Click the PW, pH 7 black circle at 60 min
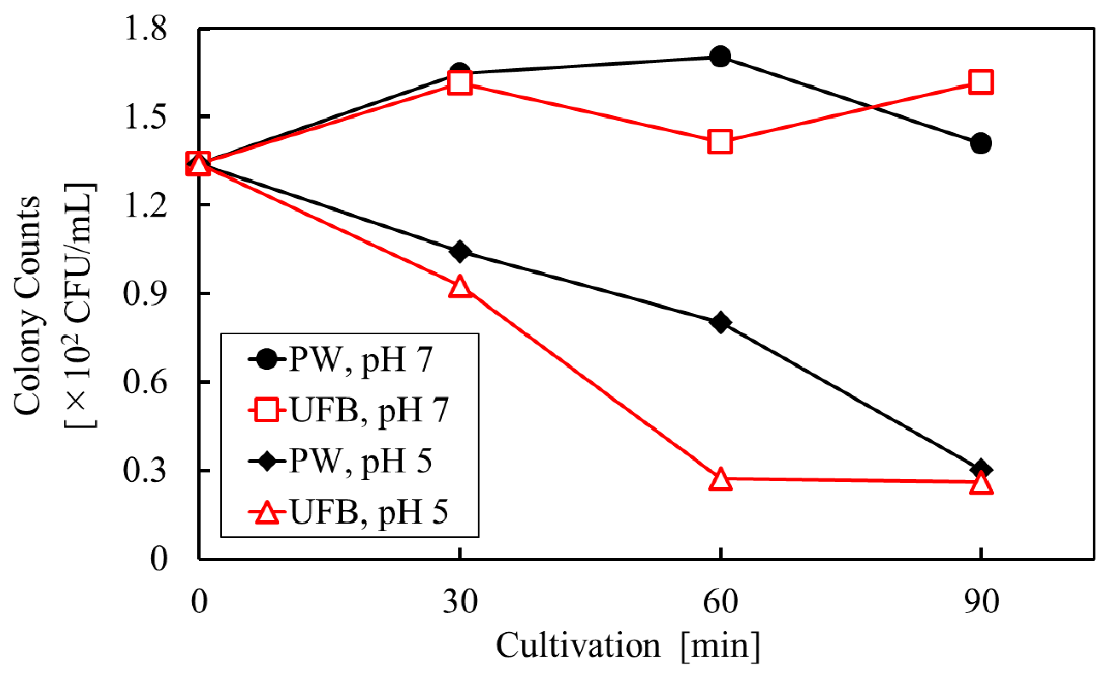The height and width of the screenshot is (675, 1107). pyautogui.click(x=720, y=56)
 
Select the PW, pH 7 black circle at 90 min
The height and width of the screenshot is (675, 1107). pyautogui.click(x=981, y=143)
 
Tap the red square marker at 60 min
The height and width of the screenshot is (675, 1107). pyautogui.click(x=720, y=142)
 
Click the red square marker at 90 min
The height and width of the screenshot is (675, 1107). pyautogui.click(x=981, y=82)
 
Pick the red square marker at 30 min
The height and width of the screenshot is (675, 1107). pyautogui.click(x=460, y=83)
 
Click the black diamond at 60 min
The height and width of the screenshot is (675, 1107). pyautogui.click(x=720, y=322)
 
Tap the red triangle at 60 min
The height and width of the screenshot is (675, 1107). pyautogui.click(x=720, y=479)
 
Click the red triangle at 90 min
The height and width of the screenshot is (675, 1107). pyautogui.click(x=981, y=484)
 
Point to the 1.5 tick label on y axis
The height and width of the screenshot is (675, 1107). pyautogui.click(x=145, y=118)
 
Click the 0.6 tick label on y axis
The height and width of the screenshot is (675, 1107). pyautogui.click(x=145, y=382)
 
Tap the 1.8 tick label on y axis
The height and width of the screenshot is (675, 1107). pyautogui.click(x=145, y=29)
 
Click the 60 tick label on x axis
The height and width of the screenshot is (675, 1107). pyautogui.click(x=720, y=602)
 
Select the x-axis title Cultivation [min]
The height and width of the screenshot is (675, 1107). pyautogui.click(x=628, y=646)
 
